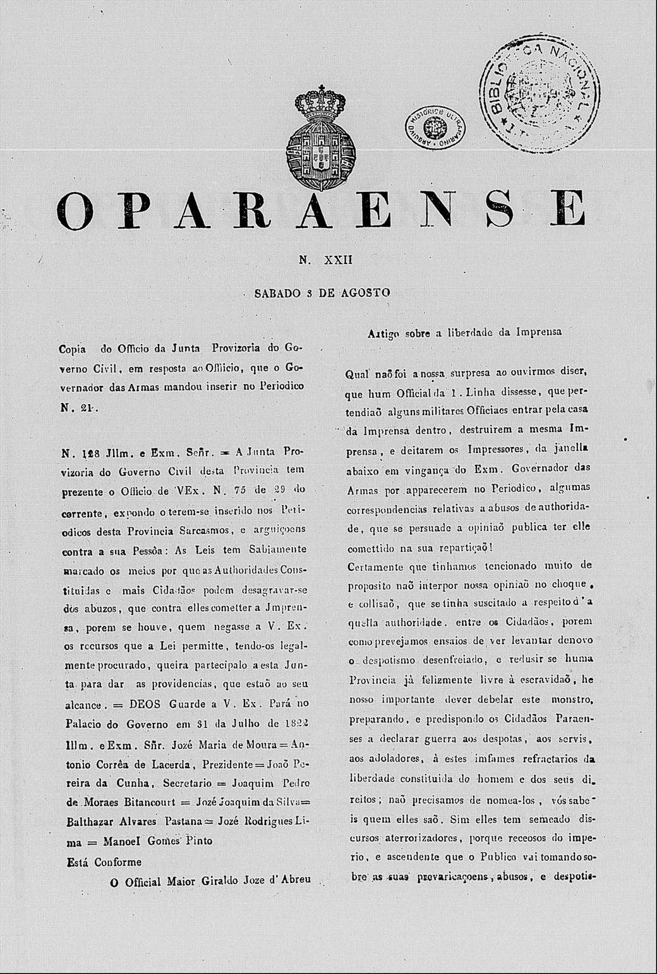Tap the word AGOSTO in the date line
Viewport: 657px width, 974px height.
coord(365,293)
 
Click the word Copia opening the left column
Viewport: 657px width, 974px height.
coord(72,348)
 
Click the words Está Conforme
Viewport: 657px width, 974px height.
coord(104,862)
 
